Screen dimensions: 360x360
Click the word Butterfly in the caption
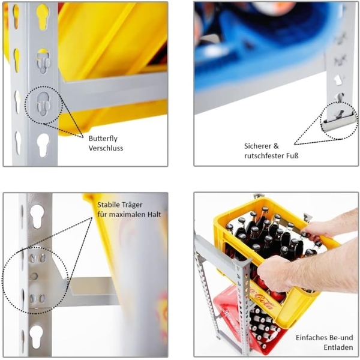tap(103, 139)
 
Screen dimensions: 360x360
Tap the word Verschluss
tap(106, 148)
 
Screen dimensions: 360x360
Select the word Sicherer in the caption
tap(258, 146)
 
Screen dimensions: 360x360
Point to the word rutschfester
tap(264, 156)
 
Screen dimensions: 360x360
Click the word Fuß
tap(292, 156)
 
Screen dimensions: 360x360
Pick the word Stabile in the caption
tap(109, 205)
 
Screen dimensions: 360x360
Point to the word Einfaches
tap(311, 338)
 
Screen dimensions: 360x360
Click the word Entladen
tap(338, 347)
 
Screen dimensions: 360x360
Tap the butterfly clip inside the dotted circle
tap(43, 104)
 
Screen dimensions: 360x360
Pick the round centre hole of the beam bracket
tap(34, 276)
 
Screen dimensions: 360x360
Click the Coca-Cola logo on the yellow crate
tap(262, 298)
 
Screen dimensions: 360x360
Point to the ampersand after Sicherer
tap(276, 146)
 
